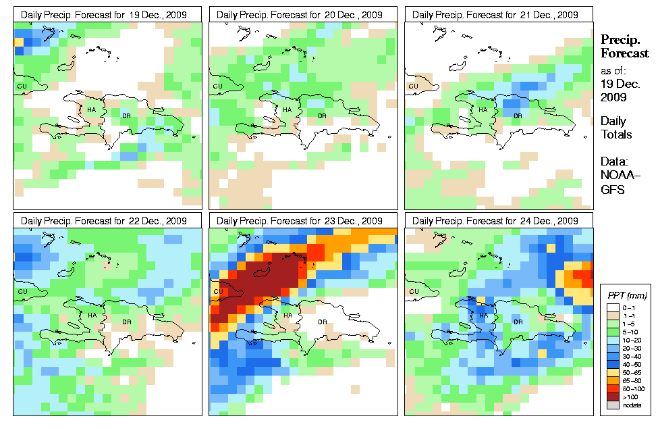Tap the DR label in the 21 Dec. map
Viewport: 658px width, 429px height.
coord(518,116)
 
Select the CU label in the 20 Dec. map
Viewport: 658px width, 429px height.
coord(217,86)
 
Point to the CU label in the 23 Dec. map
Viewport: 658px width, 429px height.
coord(217,292)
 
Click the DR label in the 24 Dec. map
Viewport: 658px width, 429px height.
coord(518,322)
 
